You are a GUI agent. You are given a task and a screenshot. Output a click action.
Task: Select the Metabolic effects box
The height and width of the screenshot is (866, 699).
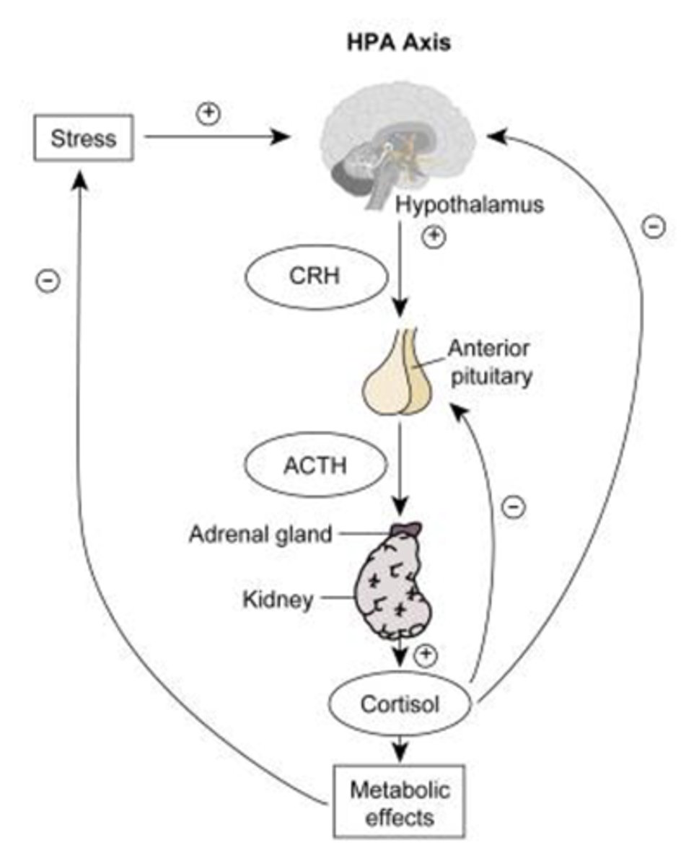tap(400, 804)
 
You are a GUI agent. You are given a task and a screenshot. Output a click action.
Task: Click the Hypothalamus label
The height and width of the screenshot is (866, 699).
tap(469, 206)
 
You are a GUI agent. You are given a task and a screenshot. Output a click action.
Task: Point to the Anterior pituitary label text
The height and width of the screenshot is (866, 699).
tap(489, 362)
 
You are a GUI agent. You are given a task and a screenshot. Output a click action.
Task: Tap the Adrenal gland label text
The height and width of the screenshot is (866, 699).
tap(261, 534)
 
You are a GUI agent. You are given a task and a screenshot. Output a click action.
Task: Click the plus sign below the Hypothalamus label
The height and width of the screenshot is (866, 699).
tap(433, 236)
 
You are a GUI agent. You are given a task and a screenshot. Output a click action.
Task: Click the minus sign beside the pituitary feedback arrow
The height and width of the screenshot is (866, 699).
tap(513, 507)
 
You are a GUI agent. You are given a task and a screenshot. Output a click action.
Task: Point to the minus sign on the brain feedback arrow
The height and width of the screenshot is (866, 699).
tap(654, 227)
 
